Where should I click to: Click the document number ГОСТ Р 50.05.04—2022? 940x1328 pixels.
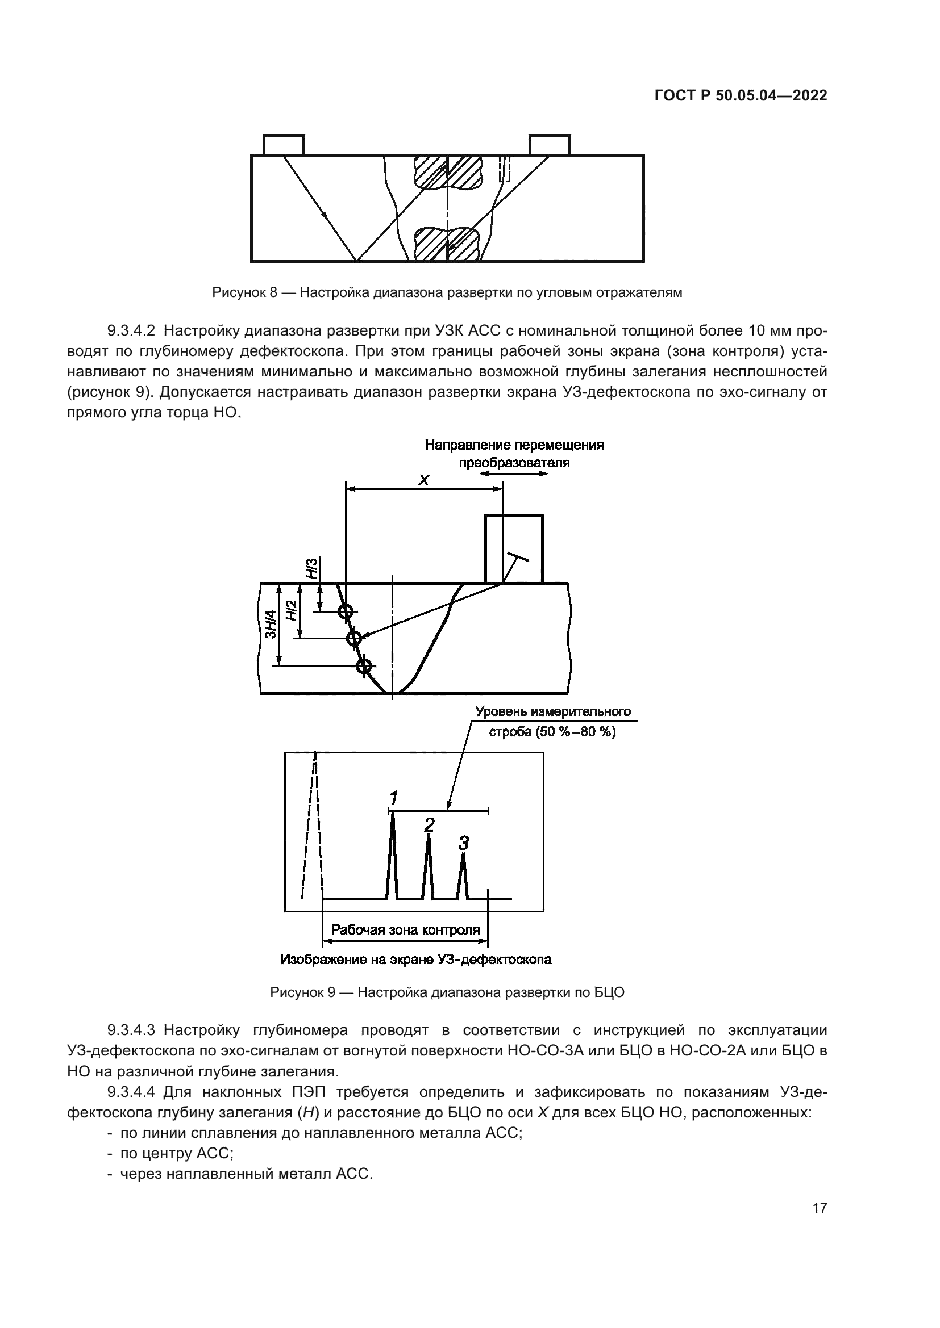(x=741, y=96)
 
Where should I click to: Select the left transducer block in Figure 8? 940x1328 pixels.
(x=284, y=145)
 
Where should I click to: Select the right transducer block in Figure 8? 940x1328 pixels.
(x=550, y=145)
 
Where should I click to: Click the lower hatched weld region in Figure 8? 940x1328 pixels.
(x=447, y=243)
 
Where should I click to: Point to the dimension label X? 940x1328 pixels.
(x=424, y=480)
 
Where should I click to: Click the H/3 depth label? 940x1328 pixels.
(x=312, y=569)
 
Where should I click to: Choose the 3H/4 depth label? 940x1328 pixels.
(x=271, y=625)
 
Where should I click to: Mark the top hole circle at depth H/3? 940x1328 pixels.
(x=346, y=611)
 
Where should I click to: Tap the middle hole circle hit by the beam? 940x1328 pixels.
(x=353, y=639)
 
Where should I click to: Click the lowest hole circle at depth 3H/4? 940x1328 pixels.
(x=363, y=667)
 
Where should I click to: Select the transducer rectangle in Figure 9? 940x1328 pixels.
(x=513, y=548)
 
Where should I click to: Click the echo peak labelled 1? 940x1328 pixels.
(x=393, y=856)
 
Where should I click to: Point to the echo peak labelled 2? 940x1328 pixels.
(x=429, y=868)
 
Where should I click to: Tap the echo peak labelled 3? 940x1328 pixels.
(x=463, y=876)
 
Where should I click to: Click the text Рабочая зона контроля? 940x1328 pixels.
(x=405, y=930)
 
